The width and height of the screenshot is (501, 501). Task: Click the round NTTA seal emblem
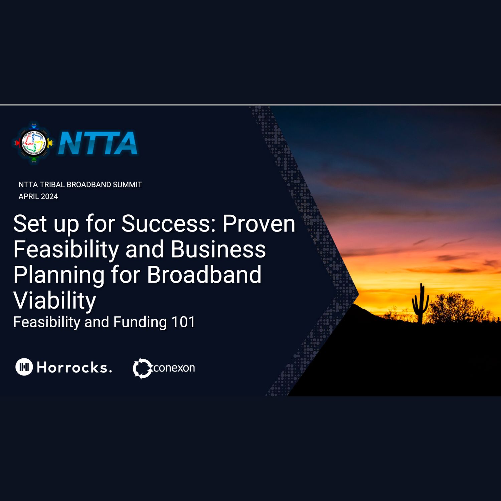(34, 143)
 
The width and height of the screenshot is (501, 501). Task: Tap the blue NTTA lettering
(98, 143)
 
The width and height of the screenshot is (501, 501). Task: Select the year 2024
(49, 197)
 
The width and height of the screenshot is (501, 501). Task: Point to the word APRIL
(29, 197)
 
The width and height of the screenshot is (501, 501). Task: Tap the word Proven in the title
(259, 223)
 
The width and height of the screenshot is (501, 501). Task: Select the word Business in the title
(218, 249)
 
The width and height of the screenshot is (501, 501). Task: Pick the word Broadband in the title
(204, 275)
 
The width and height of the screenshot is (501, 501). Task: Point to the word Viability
(55, 301)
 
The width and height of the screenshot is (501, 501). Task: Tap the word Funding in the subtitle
(140, 323)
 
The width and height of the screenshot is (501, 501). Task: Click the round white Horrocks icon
(24, 367)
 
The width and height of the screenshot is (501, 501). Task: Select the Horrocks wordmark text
(74, 367)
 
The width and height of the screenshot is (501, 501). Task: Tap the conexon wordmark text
(174, 368)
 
